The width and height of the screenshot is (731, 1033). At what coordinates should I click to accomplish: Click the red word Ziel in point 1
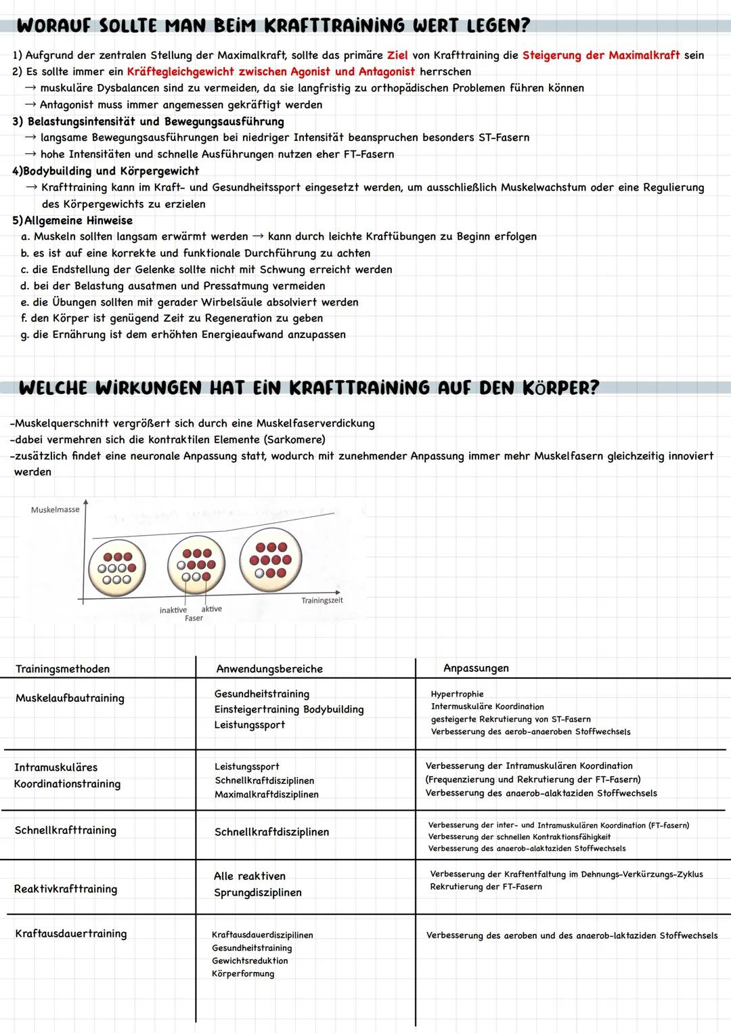397,56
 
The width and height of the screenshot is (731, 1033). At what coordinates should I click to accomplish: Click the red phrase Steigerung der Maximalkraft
600,56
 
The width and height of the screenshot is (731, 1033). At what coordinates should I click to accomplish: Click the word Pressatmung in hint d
235,286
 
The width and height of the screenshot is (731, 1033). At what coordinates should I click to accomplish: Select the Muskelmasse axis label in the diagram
55,509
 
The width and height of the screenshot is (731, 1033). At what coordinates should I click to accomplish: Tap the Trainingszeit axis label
322,600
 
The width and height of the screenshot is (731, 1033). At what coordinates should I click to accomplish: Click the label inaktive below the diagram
173,610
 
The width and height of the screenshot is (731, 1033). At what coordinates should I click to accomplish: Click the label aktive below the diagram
212,608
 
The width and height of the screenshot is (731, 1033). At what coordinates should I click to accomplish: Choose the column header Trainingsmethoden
62,669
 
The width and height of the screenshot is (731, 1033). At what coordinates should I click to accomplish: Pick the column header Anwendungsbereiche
269,669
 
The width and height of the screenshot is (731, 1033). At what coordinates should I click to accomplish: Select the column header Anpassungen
476,668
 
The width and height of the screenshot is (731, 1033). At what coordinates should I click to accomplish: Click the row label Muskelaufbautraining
70,698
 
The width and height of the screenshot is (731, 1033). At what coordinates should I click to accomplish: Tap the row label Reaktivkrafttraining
65,889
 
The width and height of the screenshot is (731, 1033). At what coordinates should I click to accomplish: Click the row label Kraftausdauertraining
70,933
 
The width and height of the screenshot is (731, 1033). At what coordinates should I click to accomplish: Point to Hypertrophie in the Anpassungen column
457,694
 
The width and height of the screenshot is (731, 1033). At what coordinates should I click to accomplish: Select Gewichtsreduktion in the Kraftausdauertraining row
250,961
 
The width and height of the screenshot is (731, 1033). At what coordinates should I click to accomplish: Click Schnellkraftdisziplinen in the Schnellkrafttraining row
271,832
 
